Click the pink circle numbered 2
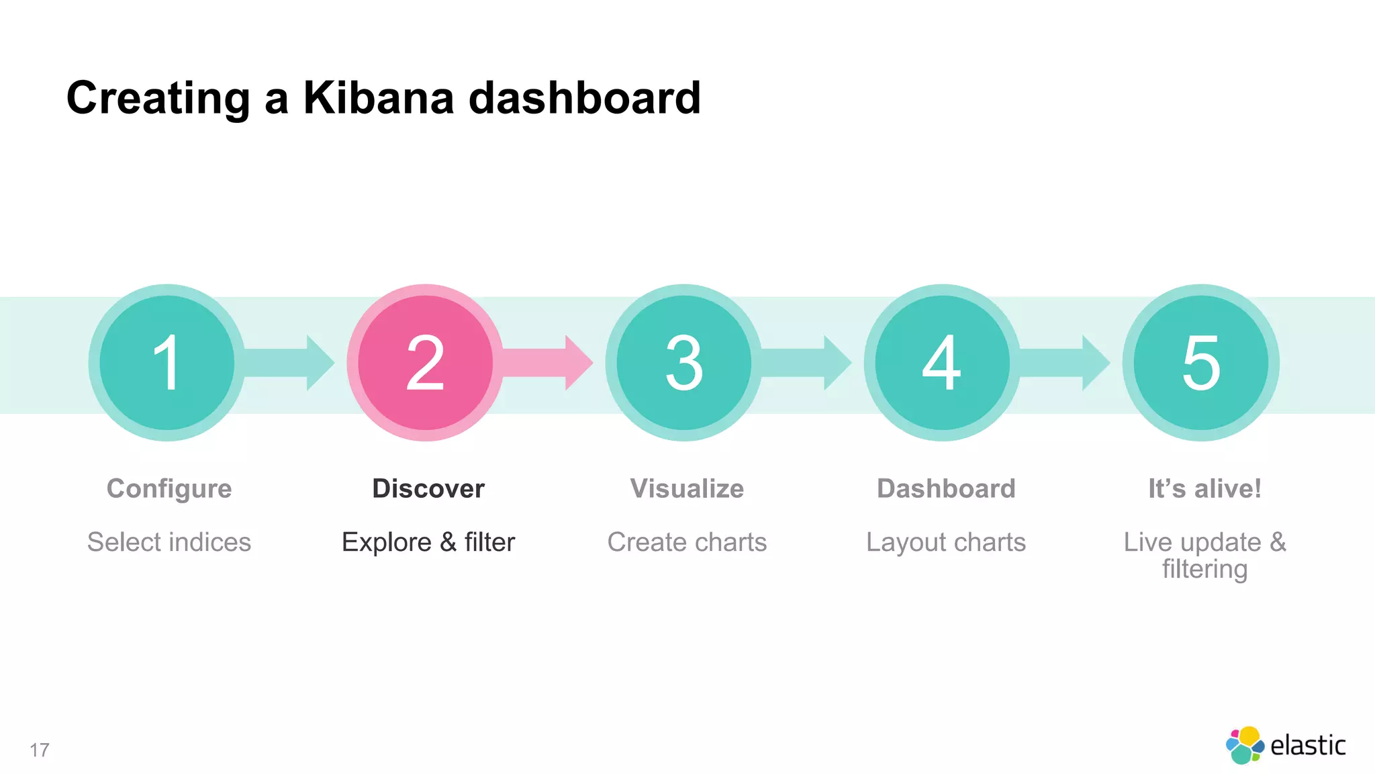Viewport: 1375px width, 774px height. [425, 363]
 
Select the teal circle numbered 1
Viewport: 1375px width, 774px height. [167, 363]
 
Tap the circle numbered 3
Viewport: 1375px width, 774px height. [683, 363]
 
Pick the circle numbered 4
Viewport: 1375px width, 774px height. [942, 363]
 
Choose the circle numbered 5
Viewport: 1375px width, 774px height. [1200, 363]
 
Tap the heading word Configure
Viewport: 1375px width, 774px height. [169, 489]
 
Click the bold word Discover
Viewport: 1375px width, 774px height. [428, 488]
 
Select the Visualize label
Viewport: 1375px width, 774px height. [687, 488]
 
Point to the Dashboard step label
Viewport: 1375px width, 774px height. [946, 488]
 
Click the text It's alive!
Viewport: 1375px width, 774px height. [1204, 488]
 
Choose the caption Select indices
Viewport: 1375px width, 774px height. [169, 542]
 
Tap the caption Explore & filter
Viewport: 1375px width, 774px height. [428, 542]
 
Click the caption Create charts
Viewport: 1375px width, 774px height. [687, 542]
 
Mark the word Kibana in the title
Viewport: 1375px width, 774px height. [379, 98]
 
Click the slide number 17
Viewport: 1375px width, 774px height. [40, 750]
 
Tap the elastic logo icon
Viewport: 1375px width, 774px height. [1244, 745]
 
